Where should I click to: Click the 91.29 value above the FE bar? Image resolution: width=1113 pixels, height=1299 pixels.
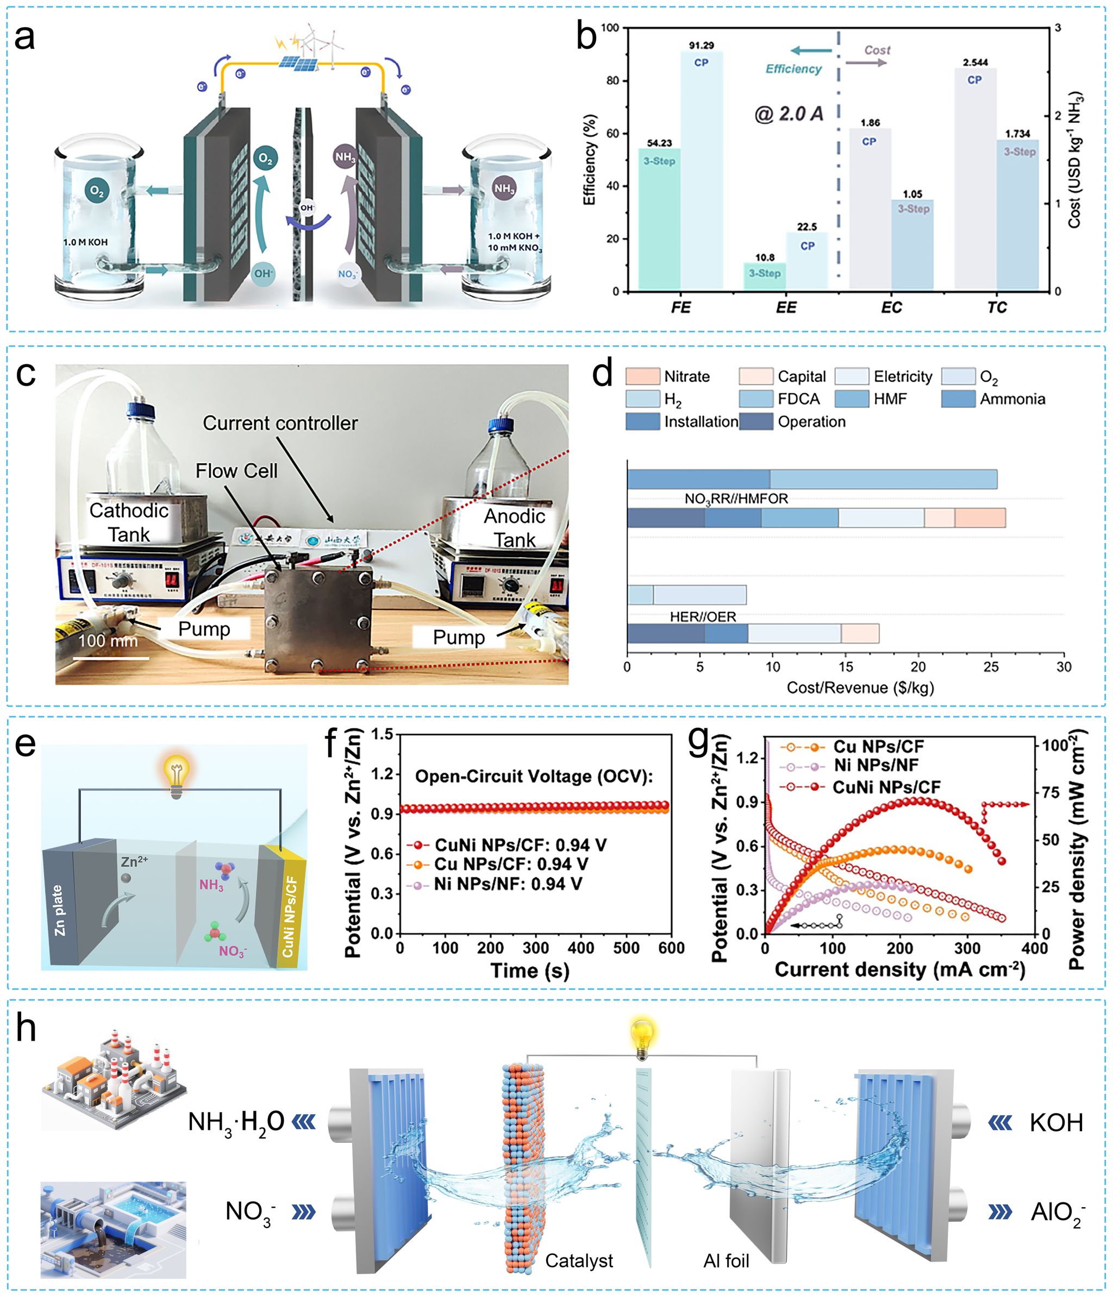click(x=701, y=45)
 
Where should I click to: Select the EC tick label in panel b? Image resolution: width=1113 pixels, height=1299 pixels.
click(x=891, y=307)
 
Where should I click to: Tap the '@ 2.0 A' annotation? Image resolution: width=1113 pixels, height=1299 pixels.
click(x=789, y=114)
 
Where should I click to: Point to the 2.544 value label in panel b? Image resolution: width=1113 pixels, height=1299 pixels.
click(x=975, y=62)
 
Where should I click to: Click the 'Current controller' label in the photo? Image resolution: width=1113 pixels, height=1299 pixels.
click(x=280, y=423)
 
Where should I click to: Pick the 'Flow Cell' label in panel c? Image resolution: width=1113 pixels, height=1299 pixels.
click(x=236, y=471)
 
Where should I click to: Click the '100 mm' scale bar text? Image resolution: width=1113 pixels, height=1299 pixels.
click(x=108, y=641)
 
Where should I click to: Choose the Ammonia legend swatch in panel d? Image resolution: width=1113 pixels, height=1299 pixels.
click(x=958, y=399)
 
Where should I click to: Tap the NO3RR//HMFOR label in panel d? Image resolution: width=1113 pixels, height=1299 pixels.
click(x=736, y=499)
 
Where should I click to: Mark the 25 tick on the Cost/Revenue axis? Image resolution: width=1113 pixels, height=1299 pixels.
click(x=991, y=667)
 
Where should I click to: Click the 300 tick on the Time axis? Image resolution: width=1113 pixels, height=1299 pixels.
click(x=536, y=948)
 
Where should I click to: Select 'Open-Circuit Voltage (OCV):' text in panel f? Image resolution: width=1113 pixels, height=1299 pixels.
click(x=534, y=776)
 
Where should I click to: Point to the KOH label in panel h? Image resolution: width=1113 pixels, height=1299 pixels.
click(x=1056, y=1122)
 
